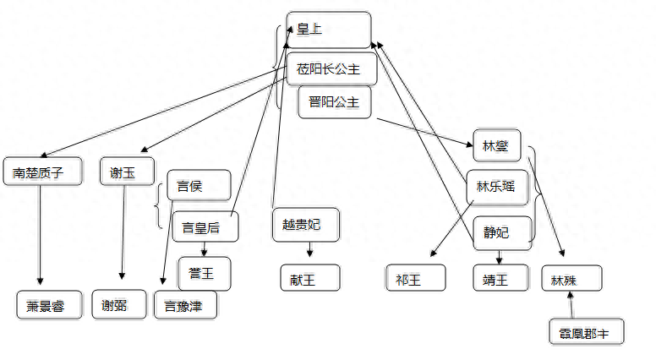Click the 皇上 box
[x=328, y=30]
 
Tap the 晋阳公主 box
[x=335, y=102]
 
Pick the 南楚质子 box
[x=44, y=172]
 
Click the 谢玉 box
[x=127, y=172]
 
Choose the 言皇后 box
[x=205, y=226]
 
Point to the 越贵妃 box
[x=305, y=224]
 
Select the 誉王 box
[x=204, y=274]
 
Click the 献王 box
[x=309, y=277]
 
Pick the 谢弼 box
[x=119, y=305]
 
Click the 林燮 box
[x=496, y=145]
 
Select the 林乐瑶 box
[x=496, y=187]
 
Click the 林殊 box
[x=572, y=279]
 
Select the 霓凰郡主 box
[x=585, y=332]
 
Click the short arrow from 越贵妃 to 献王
[x=309, y=250]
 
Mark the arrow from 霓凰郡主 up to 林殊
[x=571, y=306]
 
